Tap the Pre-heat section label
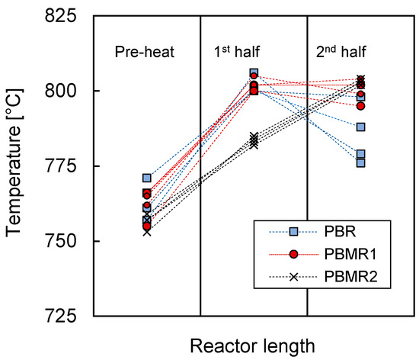point(145,53)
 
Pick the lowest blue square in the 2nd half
point(360,162)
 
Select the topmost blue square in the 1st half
point(254,73)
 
